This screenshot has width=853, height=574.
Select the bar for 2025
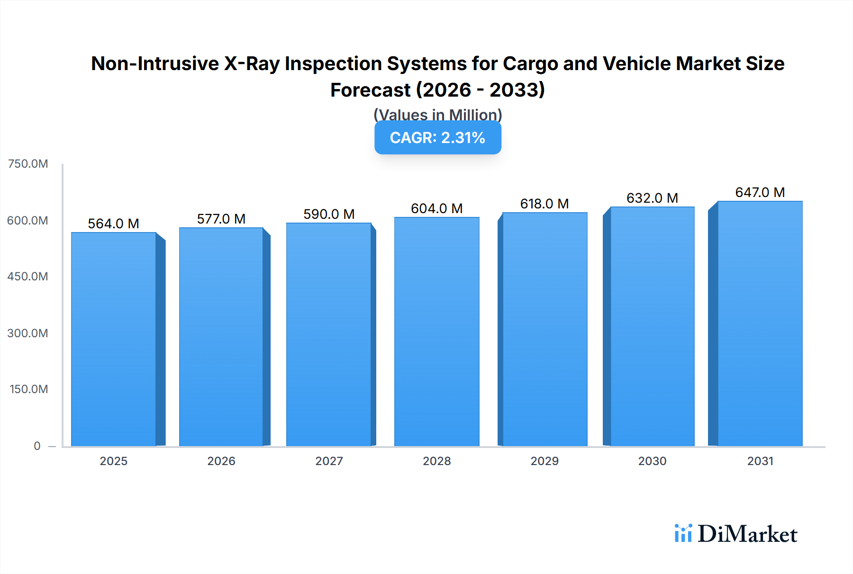coord(114,339)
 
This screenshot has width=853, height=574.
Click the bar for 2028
coord(436,332)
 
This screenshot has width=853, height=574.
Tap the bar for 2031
coord(760,323)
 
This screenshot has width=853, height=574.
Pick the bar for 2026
coord(221,336)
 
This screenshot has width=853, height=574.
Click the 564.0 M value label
coord(114,224)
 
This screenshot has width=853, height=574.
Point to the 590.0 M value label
coord(329,214)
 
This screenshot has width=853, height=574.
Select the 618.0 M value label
coord(544,204)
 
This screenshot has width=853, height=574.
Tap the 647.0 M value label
coord(760,192)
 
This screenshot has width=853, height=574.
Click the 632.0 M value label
coord(652,198)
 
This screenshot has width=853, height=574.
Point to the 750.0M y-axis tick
coord(28,164)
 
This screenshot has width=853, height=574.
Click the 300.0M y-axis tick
coord(28,333)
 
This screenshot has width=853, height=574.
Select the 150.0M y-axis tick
coord(29,389)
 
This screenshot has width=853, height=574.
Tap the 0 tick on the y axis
coord(37,446)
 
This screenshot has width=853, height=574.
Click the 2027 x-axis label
coord(329,461)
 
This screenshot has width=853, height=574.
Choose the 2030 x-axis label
coord(652,461)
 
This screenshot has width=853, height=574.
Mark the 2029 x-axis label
coord(544,461)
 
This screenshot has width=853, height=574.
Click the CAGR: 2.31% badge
coord(437,138)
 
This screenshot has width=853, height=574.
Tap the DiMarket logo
coord(736,534)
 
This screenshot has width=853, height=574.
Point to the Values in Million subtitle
coord(437,114)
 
